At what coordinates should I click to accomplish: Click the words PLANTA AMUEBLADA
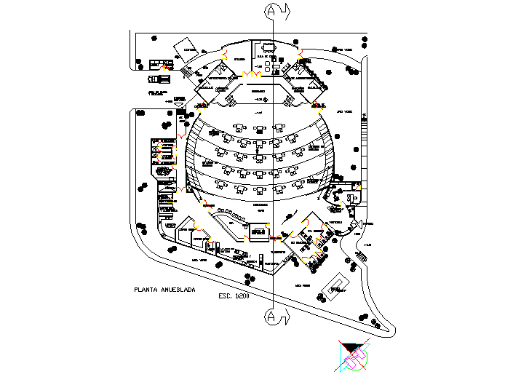(164, 290)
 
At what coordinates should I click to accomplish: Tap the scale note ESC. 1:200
(234, 297)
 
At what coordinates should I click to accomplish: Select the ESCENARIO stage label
(258, 92)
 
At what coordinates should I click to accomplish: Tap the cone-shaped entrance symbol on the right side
(357, 213)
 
